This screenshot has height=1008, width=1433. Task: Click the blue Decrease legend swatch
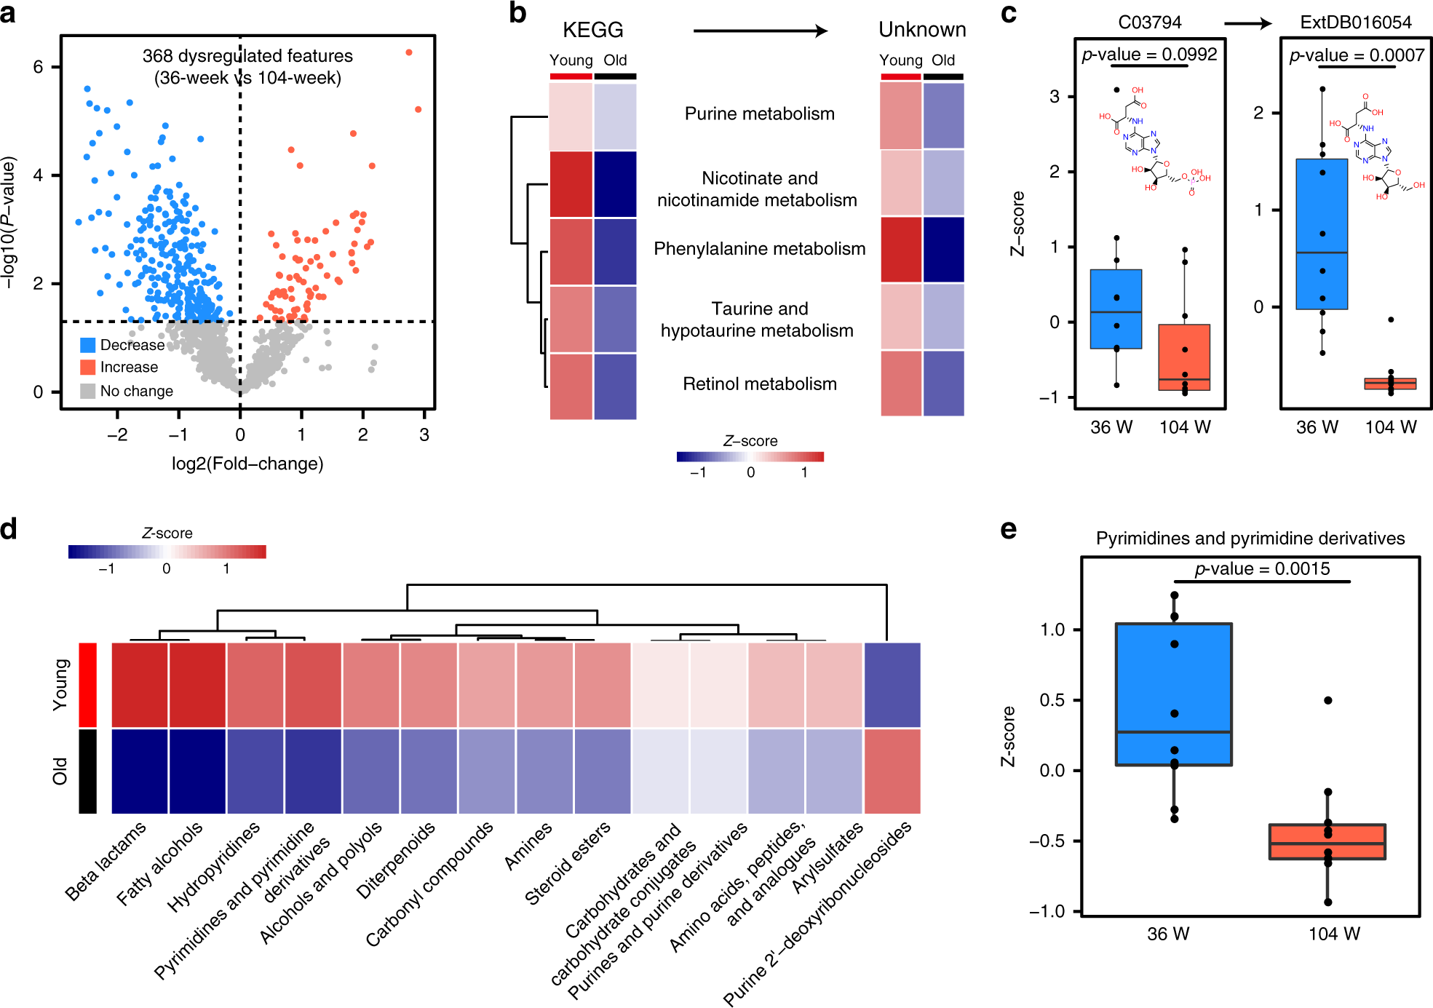(88, 345)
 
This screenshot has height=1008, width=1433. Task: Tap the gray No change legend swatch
(88, 391)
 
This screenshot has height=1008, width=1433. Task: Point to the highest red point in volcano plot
(409, 52)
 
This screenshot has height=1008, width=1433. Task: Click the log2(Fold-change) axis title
(247, 464)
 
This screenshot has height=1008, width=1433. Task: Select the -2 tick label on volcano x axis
(117, 435)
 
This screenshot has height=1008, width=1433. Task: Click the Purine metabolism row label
(759, 114)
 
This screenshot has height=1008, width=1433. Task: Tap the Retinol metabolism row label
(759, 384)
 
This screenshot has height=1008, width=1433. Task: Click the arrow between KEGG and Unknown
(760, 31)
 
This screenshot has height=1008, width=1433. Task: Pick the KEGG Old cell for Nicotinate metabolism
(615, 184)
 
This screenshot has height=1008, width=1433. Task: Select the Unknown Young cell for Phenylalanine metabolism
(901, 249)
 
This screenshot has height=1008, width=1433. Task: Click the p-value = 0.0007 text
(1357, 55)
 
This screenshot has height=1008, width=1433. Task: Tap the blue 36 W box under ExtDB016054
(1322, 234)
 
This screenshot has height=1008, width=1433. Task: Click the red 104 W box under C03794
(1184, 357)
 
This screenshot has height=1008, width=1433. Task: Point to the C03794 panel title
(1149, 23)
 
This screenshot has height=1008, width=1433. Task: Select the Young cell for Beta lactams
(140, 684)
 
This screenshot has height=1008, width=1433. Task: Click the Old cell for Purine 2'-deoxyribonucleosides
(892, 771)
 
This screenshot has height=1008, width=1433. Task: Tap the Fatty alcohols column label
(159, 864)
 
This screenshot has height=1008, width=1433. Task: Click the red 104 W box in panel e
(1327, 842)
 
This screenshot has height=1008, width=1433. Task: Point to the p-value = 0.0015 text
(1262, 568)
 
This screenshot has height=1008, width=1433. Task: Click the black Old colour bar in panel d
(87, 771)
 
